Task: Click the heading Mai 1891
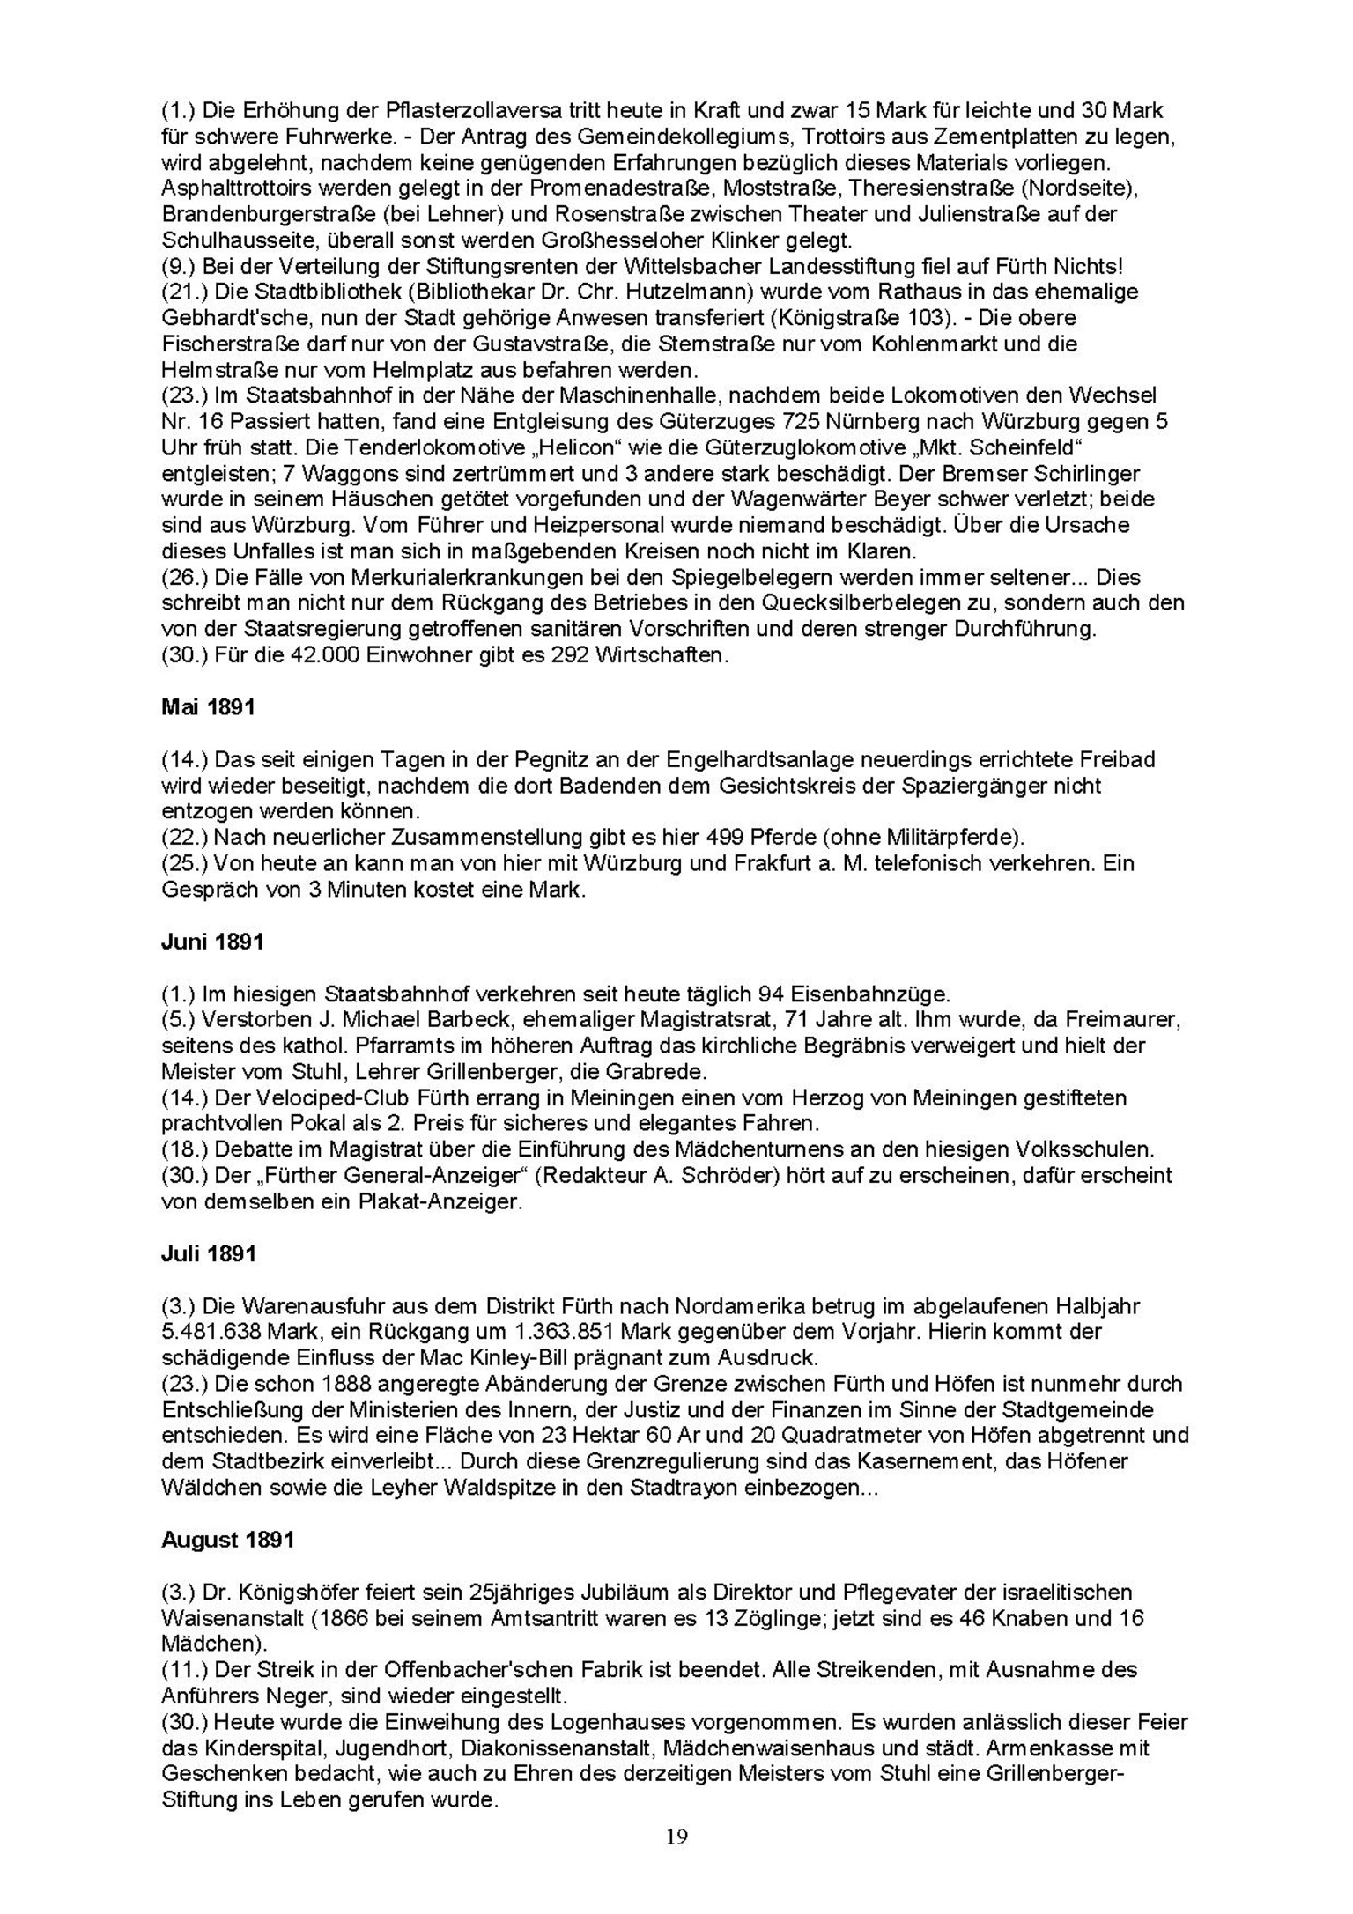coord(208,707)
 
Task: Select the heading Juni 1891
coord(212,942)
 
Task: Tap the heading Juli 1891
coord(208,1253)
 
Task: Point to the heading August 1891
coord(227,1540)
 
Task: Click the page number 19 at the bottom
coord(676,1836)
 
